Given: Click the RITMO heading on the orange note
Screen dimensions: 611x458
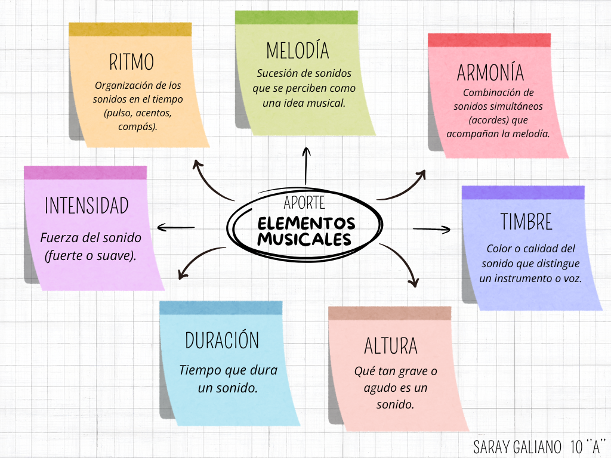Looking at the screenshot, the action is click(131, 62).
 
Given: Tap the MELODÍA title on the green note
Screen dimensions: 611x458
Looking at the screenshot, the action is click(297, 50).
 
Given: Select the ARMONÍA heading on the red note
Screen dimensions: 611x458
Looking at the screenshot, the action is click(490, 72).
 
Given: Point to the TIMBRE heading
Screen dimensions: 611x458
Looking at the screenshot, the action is click(526, 222).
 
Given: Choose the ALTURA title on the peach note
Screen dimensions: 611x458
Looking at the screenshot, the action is click(390, 346).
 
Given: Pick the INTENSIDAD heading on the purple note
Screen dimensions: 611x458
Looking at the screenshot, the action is click(87, 205).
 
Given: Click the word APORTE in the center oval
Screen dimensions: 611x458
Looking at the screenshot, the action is click(304, 203).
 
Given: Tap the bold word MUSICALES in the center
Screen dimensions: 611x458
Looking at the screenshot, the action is click(304, 239).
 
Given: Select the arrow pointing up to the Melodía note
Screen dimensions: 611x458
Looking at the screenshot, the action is click(306, 166).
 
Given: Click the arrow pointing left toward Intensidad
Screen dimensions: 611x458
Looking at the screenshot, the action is click(175, 227).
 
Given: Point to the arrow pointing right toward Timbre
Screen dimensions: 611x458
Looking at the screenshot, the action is click(431, 229).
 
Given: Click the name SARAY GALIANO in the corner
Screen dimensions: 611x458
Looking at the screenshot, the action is click(517, 447).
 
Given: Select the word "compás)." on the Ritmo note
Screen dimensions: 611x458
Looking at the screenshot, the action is click(138, 126).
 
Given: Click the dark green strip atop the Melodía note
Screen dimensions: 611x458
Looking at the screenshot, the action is click(297, 17).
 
